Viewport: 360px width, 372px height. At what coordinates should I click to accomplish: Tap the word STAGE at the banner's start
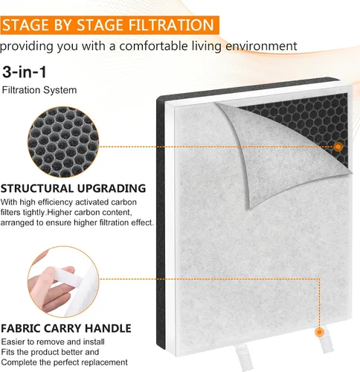point(26,25)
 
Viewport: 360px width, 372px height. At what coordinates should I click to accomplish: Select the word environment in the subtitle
point(260,46)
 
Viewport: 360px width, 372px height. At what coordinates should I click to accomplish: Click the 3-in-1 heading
point(25,72)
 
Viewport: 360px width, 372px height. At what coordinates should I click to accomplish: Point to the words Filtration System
point(39,90)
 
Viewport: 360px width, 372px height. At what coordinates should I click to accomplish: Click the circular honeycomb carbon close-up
point(63,142)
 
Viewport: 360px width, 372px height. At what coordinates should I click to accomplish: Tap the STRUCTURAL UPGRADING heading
point(74,188)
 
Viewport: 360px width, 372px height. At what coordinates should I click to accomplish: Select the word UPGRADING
point(112,188)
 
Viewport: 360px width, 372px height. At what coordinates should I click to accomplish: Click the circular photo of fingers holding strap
point(63,282)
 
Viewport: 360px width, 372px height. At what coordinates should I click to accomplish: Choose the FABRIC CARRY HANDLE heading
point(66,328)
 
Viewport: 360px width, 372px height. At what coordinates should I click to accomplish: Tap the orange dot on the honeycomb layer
point(338,147)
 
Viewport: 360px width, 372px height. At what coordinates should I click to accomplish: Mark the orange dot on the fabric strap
point(320,332)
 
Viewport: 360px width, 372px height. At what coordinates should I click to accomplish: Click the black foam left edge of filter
point(161,222)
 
